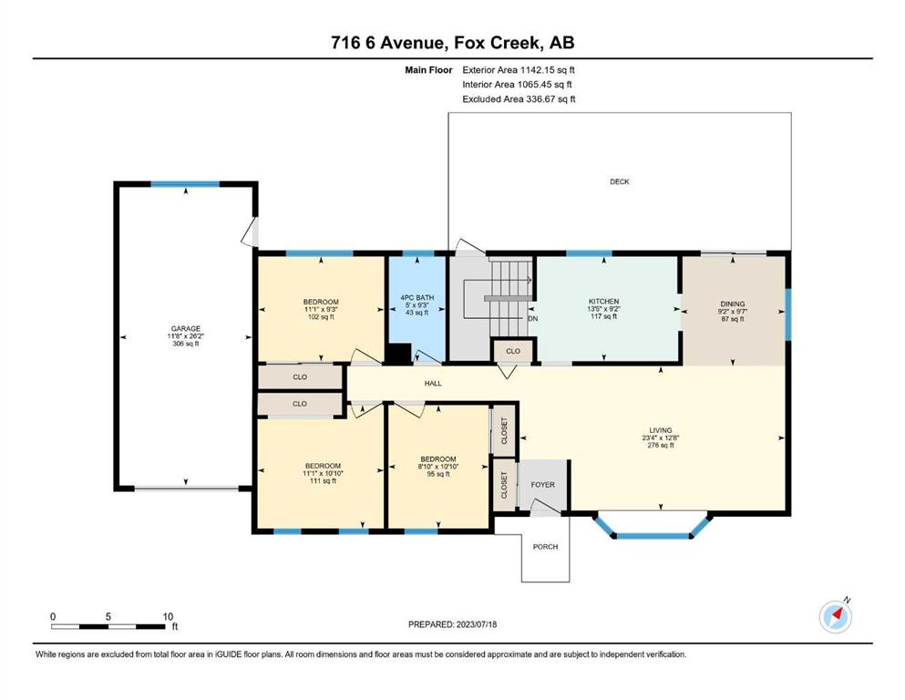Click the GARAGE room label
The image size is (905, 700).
click(185, 329)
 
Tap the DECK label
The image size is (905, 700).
click(620, 181)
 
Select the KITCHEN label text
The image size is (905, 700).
click(603, 301)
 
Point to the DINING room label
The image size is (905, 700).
click(733, 304)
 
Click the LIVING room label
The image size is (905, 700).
click(661, 430)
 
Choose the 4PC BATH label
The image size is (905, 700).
click(417, 298)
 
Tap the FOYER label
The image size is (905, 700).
click(542, 485)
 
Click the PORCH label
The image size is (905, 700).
click(545, 547)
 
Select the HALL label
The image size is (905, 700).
click(433, 383)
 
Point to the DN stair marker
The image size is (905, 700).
click(533, 318)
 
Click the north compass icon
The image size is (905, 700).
click(836, 616)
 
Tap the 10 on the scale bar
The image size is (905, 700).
click(168, 616)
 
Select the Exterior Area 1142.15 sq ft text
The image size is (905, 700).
click(519, 70)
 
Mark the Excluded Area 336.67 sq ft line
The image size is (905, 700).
click(519, 99)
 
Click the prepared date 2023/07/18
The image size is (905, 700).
click(476, 624)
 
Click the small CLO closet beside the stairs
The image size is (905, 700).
click(513, 351)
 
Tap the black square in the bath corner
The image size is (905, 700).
click(397, 354)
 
